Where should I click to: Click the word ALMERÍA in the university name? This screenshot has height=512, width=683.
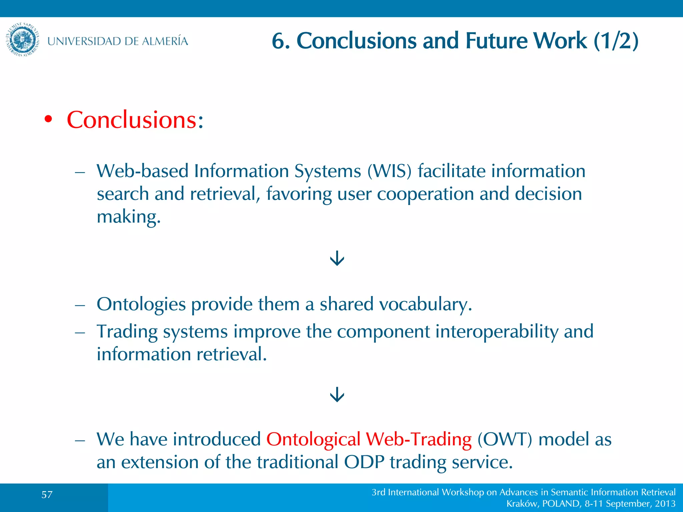pyautogui.click(x=165, y=41)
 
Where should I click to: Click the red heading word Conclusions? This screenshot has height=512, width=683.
pyautogui.click(x=132, y=120)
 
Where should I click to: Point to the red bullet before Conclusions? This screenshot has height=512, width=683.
pyautogui.click(x=48, y=120)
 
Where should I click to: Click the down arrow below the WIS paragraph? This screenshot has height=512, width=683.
pyautogui.click(x=337, y=258)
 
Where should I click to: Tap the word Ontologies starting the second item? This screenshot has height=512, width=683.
pyautogui.click(x=141, y=304)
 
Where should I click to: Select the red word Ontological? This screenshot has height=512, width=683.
pyautogui.click(x=313, y=439)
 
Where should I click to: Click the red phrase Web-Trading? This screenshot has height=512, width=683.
pyautogui.click(x=419, y=439)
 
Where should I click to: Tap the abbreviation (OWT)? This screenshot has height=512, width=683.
pyautogui.click(x=505, y=439)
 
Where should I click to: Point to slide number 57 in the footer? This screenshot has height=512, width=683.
pyautogui.click(x=47, y=494)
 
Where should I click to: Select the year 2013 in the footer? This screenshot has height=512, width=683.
pyautogui.click(x=665, y=504)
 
